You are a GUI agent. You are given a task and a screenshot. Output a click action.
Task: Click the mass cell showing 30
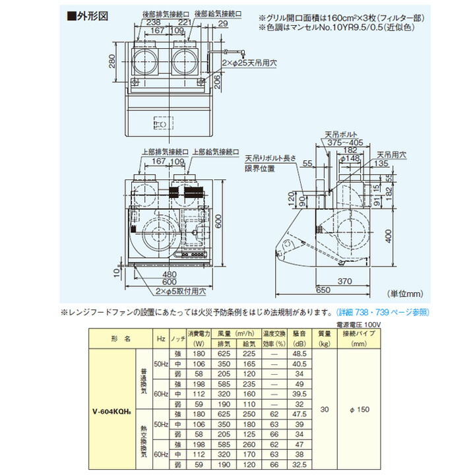tap(324, 409)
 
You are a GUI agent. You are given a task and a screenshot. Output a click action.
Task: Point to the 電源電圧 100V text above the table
tap(358, 324)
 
